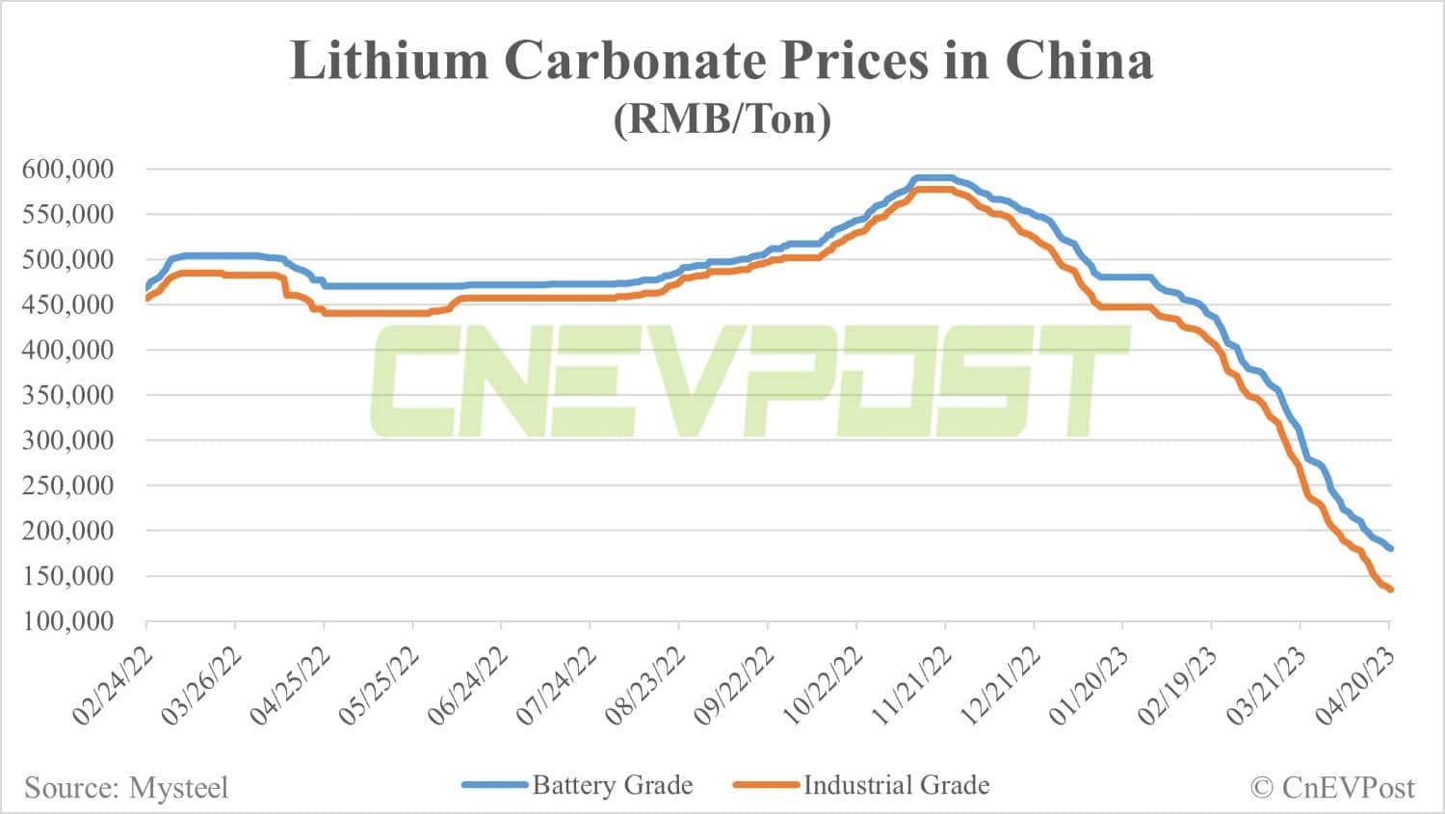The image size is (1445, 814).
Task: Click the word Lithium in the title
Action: click(x=389, y=62)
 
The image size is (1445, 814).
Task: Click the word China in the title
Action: click(x=1078, y=62)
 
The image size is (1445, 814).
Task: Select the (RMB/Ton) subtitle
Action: click(x=722, y=119)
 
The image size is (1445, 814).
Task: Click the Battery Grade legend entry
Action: click(x=611, y=785)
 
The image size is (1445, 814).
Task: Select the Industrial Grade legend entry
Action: click(x=896, y=785)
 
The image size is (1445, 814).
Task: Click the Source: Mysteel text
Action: click(x=126, y=788)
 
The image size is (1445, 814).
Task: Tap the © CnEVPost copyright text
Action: click(x=1332, y=788)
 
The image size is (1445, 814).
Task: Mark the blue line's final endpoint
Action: click(x=1390, y=549)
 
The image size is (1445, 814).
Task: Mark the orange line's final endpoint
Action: click(x=1390, y=590)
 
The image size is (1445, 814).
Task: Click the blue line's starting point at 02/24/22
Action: click(x=147, y=287)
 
